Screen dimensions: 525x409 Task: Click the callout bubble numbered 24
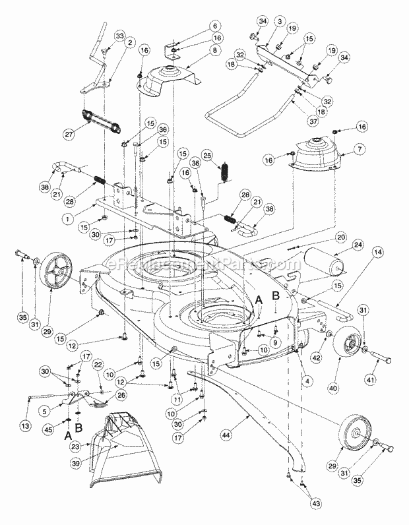click(x=359, y=246)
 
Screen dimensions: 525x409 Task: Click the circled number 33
click(x=119, y=35)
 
